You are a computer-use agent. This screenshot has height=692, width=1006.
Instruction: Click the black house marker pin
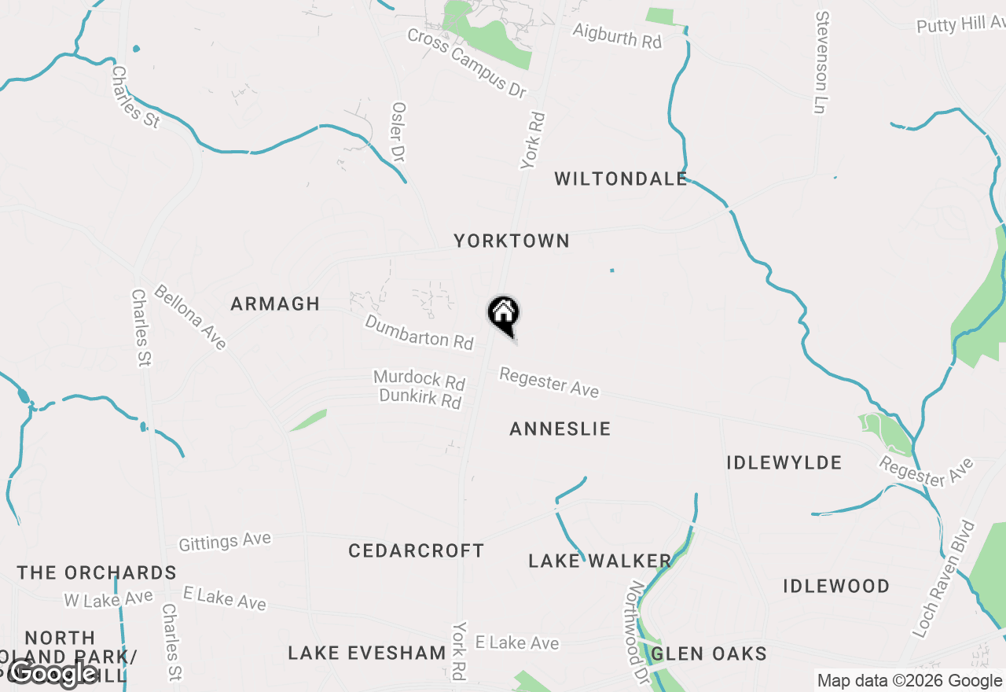(504, 315)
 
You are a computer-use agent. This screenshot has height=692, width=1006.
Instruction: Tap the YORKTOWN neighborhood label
(512, 241)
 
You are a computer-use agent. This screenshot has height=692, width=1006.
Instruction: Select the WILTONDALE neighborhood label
(621, 179)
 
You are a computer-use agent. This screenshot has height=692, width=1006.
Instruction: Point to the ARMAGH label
(275, 304)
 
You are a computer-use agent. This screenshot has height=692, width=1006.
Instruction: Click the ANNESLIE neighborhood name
(560, 429)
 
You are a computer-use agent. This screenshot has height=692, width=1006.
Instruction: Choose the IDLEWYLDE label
(784, 462)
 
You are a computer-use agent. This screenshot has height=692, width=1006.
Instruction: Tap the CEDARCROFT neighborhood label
(416, 550)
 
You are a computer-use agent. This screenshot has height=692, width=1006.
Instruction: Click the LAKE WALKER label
(600, 561)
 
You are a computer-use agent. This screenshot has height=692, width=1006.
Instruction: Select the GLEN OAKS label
(709, 653)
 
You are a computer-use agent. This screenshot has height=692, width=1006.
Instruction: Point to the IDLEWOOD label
(836, 586)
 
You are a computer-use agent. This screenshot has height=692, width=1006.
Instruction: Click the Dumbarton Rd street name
(419, 332)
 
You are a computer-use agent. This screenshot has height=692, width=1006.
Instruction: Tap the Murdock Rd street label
(419, 380)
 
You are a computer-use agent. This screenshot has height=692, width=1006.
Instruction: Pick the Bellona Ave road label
(190, 317)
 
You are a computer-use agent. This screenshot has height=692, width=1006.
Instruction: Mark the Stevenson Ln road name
(822, 62)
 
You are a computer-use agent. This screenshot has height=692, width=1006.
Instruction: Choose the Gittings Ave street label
(225, 542)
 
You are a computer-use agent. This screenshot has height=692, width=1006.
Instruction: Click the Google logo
(53, 672)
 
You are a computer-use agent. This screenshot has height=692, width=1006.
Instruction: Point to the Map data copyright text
(909, 681)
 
